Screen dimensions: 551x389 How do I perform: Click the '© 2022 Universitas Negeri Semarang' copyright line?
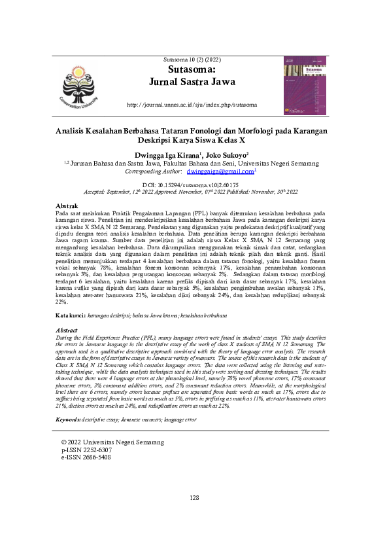[x=112, y=442]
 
